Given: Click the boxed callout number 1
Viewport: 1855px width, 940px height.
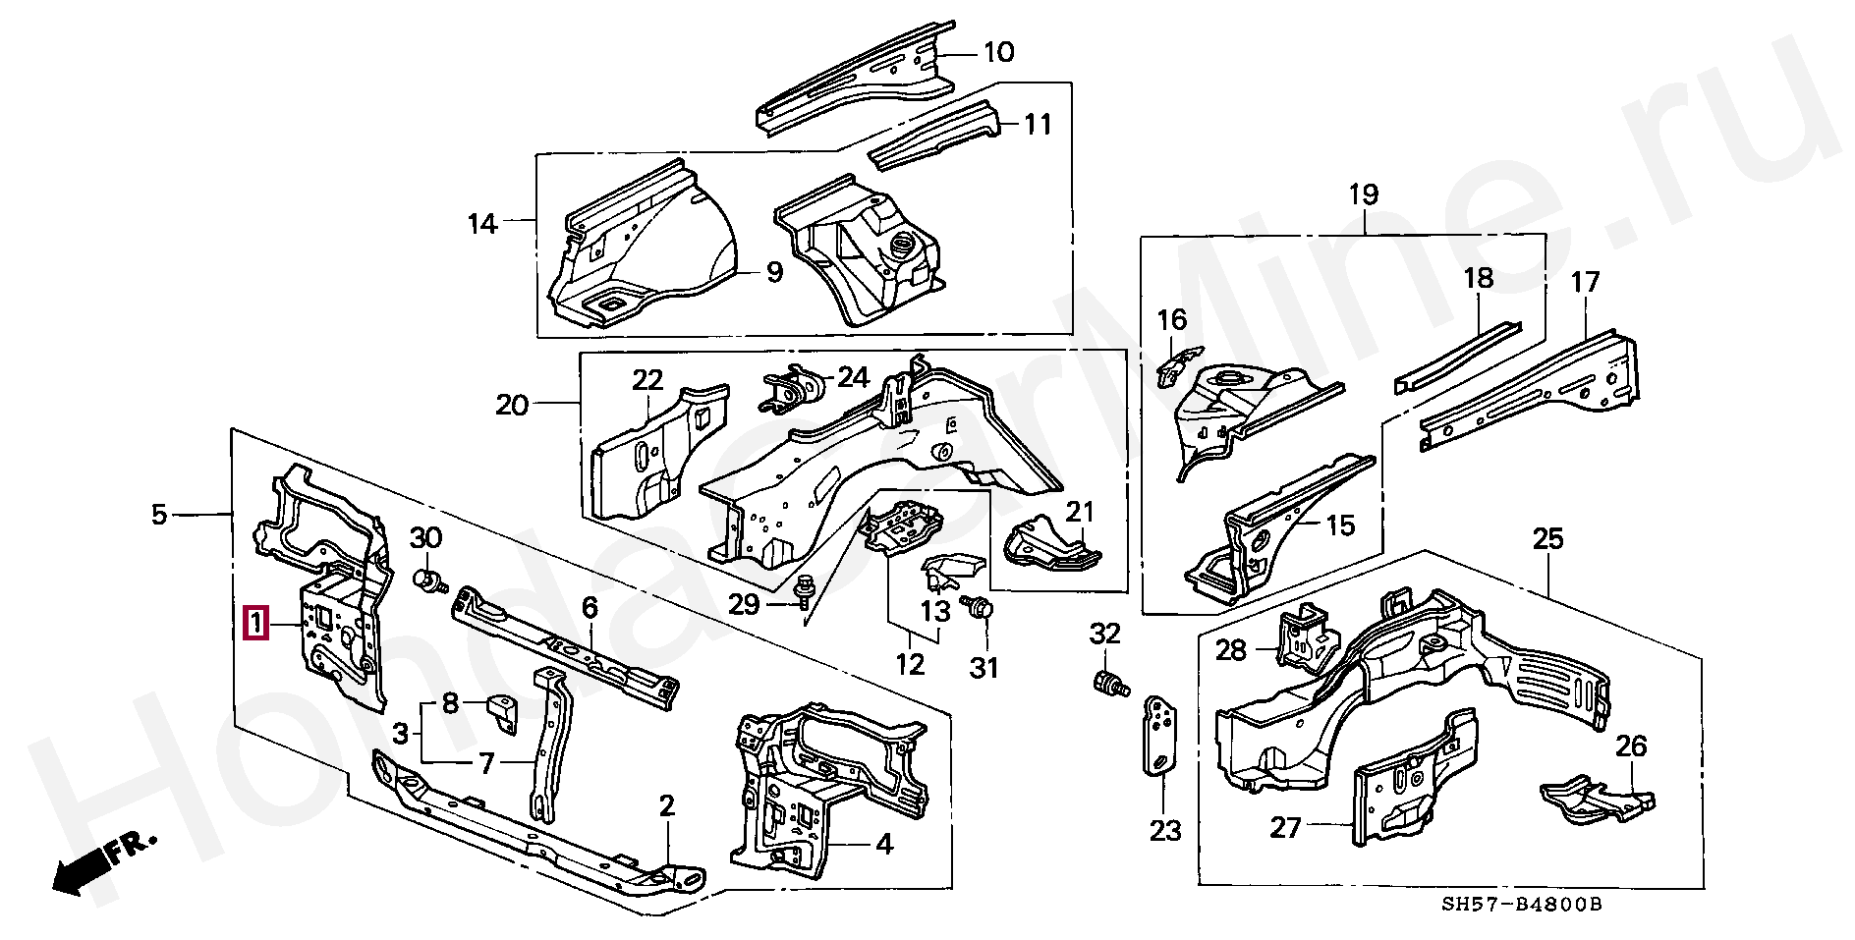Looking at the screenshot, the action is click(256, 624).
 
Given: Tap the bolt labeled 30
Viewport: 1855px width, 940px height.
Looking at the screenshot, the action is click(430, 581).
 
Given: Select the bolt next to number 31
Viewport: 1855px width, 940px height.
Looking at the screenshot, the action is click(978, 608).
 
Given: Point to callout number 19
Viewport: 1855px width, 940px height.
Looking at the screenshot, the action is click(1364, 194).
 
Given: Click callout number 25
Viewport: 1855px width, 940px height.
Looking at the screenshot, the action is click(1547, 539).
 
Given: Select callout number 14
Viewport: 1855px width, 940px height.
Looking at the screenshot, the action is click(481, 225).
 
